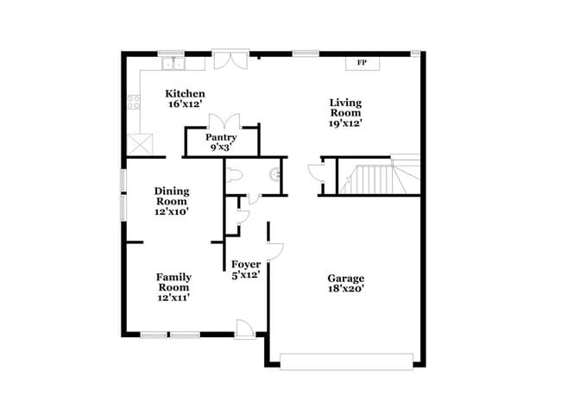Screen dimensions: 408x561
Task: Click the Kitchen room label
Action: pyautogui.click(x=186, y=93)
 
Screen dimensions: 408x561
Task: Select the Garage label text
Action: pyautogui.click(x=345, y=278)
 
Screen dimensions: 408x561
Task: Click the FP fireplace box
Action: pyautogui.click(x=362, y=63)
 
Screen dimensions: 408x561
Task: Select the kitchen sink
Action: pyautogui.click(x=173, y=62)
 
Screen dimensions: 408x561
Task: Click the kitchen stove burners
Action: pyautogui.click(x=134, y=103)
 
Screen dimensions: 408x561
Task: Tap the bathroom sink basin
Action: pyautogui.click(x=276, y=176)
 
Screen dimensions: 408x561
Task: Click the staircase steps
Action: pyautogui.click(x=371, y=179)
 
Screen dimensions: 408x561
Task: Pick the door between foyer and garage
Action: pyautogui.click(x=274, y=251)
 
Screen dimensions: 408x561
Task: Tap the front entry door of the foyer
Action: pyautogui.click(x=245, y=329)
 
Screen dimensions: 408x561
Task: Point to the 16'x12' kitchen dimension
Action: pyautogui.click(x=186, y=104)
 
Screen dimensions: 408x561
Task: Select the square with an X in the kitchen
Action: pyautogui.click(x=139, y=143)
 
